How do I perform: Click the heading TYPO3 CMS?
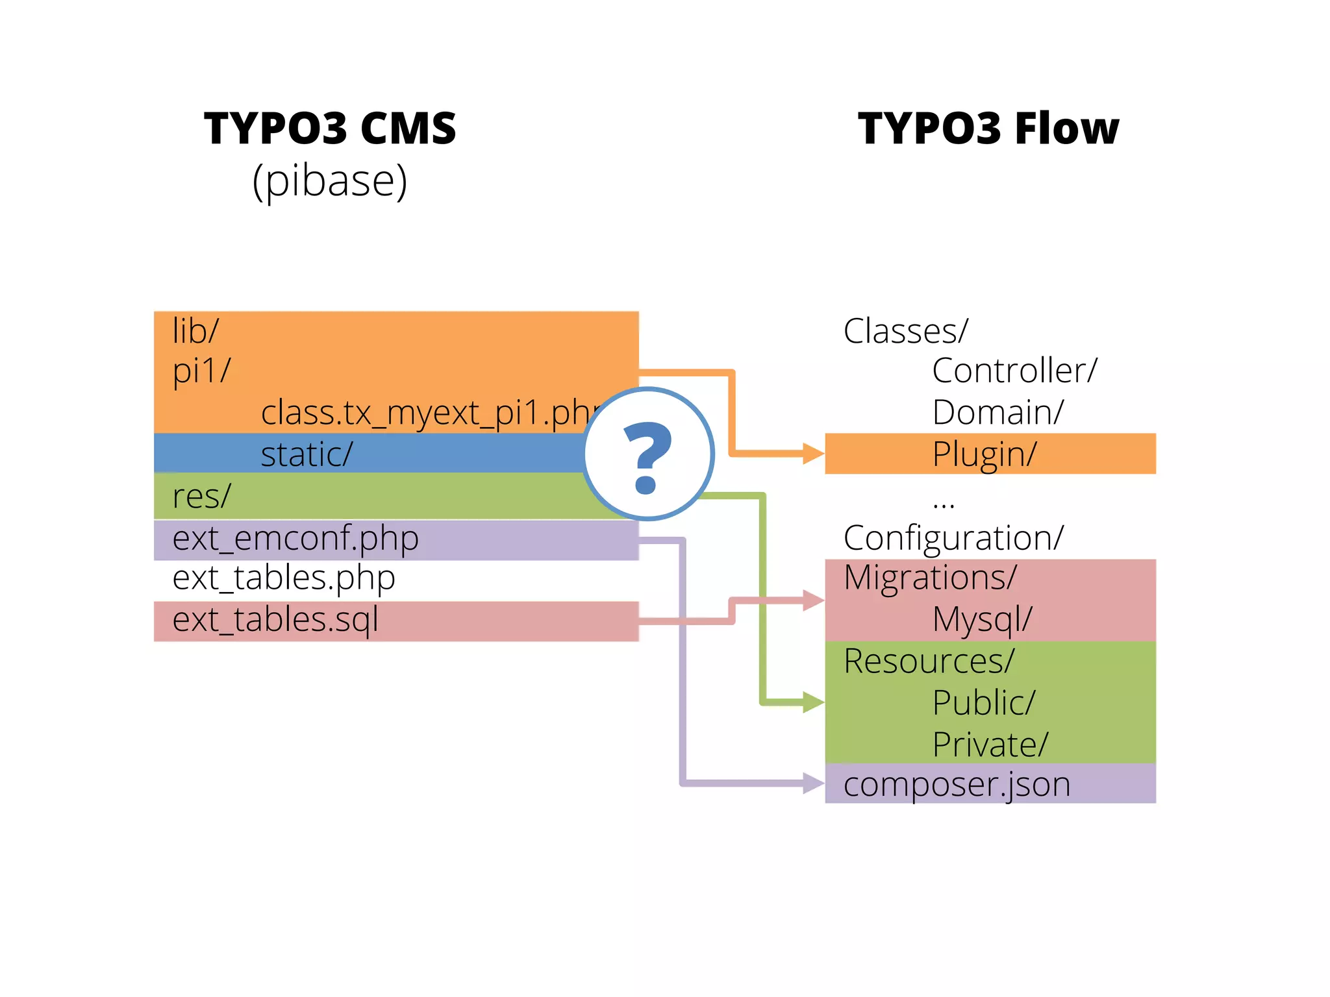(x=330, y=128)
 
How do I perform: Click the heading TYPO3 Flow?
(x=988, y=128)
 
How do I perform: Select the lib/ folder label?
(x=195, y=331)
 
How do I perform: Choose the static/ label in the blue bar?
(x=307, y=454)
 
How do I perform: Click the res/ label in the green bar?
(x=201, y=497)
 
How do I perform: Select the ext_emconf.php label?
(x=295, y=538)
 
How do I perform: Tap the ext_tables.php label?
(x=284, y=578)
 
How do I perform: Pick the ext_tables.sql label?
(x=275, y=620)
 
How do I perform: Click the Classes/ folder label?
(x=905, y=331)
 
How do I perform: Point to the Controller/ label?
(x=1014, y=371)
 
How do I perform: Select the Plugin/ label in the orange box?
(x=985, y=454)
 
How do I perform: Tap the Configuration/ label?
(x=953, y=538)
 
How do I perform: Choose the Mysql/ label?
(x=982, y=620)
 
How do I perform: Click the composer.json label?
(x=957, y=785)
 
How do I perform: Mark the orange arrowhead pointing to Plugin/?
(x=814, y=453)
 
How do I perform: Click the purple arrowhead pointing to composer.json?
(x=814, y=783)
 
